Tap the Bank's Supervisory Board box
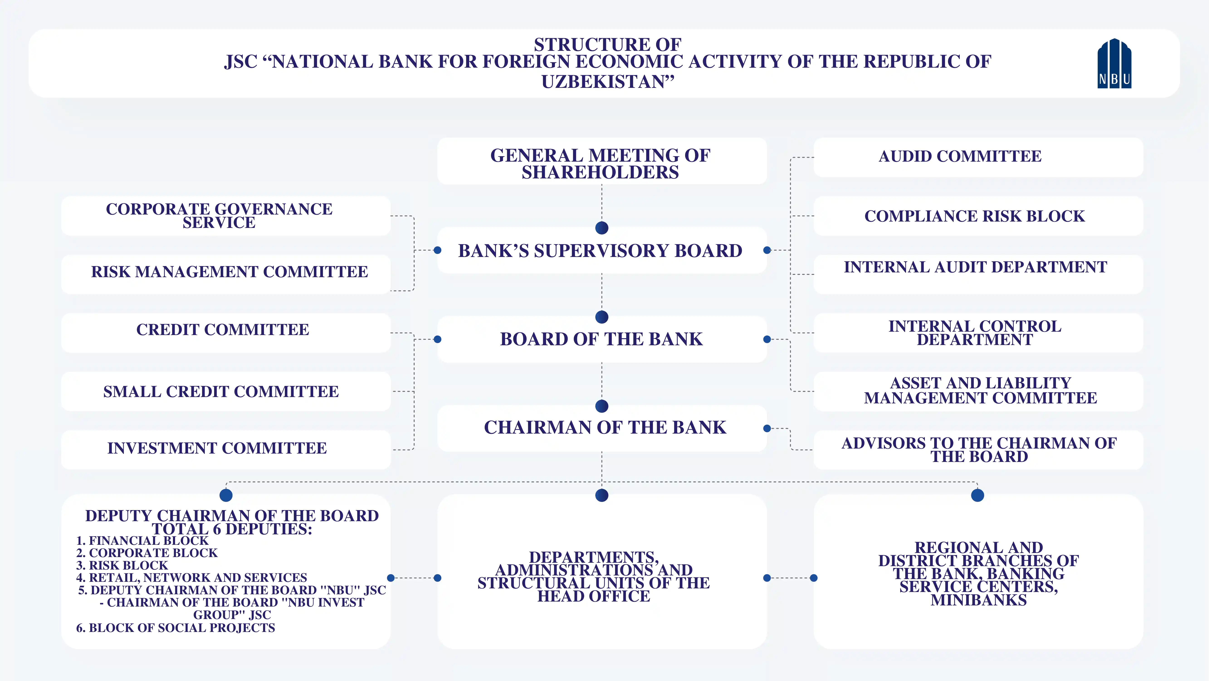[x=601, y=251]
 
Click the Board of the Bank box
[x=601, y=339]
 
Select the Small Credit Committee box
[x=221, y=392]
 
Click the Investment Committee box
[x=217, y=449]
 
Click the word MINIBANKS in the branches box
[x=979, y=600]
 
